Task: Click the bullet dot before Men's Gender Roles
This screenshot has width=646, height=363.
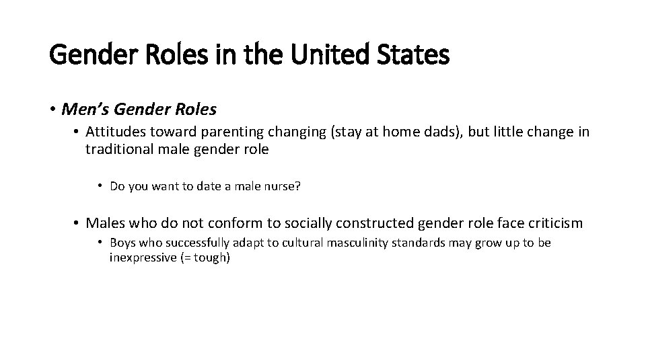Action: [53, 109]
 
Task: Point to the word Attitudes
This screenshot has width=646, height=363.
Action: [114, 132]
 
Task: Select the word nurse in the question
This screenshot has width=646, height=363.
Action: [283, 186]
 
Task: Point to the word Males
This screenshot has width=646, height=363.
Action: [106, 223]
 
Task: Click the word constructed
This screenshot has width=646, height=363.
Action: [371, 223]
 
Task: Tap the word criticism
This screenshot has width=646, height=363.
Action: [551, 223]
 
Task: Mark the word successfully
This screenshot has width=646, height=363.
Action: [176, 243]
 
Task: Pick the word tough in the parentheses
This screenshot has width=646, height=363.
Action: [210, 257]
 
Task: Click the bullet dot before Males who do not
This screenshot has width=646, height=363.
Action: [77, 223]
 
